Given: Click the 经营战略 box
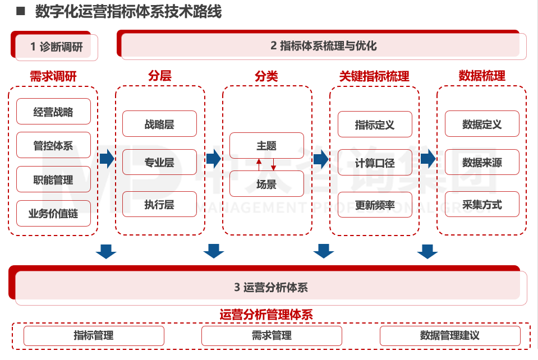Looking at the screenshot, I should tap(53, 112).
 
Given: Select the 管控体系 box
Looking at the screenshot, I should tap(53, 146).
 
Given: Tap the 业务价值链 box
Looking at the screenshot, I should tap(53, 214).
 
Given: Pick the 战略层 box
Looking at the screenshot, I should tap(159, 124).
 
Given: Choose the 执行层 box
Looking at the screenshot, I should tap(159, 205).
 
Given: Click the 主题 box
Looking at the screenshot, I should tap(266, 146).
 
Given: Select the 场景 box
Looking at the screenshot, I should tap(266, 184).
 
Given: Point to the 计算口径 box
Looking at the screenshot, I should tap(375, 163).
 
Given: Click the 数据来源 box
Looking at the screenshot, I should tap(482, 163).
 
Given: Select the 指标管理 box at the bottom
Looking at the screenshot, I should tap(94, 336).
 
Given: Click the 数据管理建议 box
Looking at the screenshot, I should tap(450, 336).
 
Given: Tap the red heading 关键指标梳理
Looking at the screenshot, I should tap(374, 76).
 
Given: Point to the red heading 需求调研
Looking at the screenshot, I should tap(53, 76).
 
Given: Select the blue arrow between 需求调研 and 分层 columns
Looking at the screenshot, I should tap(107, 159).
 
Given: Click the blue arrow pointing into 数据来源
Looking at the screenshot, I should tap(428, 159).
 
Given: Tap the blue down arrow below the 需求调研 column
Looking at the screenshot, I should tap(106, 252).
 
